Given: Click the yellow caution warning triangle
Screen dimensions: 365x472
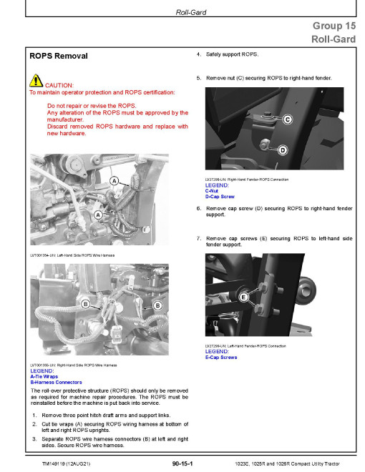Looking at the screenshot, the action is pos(36,81).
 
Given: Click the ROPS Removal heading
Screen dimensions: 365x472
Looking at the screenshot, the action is pos(59,56).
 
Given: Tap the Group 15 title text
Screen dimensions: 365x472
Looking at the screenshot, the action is pos(334,26).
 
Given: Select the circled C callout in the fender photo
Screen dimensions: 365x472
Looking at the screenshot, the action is pos(287,119).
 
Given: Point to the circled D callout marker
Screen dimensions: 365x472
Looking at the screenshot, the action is pos(283,150).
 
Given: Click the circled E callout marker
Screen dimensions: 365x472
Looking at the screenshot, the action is pos(243,298).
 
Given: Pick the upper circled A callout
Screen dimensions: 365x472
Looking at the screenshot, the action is pos(114,181).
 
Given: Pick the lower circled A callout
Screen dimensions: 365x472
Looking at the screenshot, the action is pos(98,215).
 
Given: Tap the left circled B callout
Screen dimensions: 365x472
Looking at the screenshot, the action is pos(86,304).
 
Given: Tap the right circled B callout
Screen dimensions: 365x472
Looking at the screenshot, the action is pos(157,305).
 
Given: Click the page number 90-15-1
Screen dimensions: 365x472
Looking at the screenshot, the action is pos(182,463).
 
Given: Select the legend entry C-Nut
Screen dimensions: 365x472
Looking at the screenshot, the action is pos(212,191).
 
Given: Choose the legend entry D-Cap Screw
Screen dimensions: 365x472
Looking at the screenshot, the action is pos(220,197).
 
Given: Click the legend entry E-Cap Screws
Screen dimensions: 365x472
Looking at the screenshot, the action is pos(221,358).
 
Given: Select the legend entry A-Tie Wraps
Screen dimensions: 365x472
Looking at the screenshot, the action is pos(44,377).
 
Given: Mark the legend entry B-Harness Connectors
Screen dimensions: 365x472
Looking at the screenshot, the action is pos(56,383).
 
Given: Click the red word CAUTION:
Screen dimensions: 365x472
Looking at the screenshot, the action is pos(59,85).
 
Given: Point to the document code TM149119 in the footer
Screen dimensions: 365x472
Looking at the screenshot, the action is pos(54,464).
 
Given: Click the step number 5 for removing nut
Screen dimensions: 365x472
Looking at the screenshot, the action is pos(199,78).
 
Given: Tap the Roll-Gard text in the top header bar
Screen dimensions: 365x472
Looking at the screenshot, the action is pos(191,12).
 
